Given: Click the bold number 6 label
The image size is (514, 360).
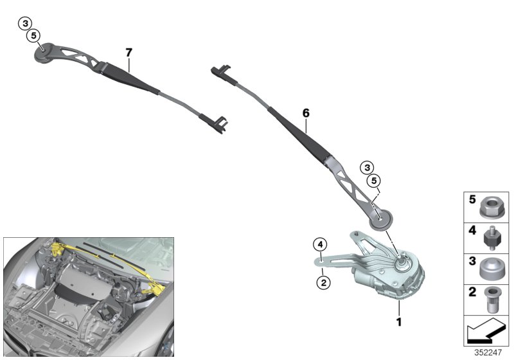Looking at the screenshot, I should [306, 113].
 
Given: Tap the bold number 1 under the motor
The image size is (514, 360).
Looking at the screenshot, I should [399, 321].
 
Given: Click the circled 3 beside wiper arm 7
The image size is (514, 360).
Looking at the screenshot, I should [25, 24].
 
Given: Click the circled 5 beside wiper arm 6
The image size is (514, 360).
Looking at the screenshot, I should [373, 181].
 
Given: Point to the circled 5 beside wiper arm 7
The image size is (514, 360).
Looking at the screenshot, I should [33, 35].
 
